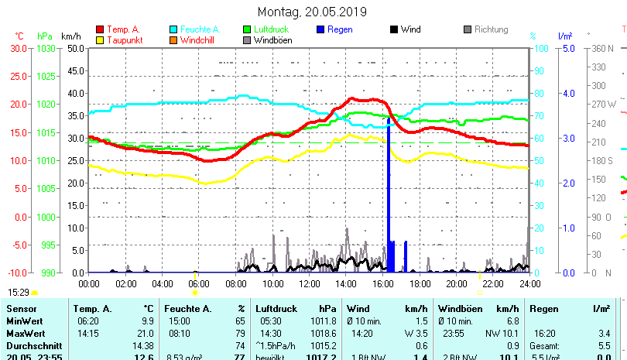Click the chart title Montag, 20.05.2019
click(x=313, y=12)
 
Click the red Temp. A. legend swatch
click(x=100, y=29)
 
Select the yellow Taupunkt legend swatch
click(x=100, y=39)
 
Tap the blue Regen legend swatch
click(x=321, y=29)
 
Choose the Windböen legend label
click(x=272, y=39)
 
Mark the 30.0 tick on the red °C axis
click(x=19, y=48)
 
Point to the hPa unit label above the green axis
click(x=45, y=36)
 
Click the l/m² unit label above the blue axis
click(x=564, y=36)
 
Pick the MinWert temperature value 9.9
click(x=147, y=321)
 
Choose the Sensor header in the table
click(x=21, y=309)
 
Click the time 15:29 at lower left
click(x=19, y=292)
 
